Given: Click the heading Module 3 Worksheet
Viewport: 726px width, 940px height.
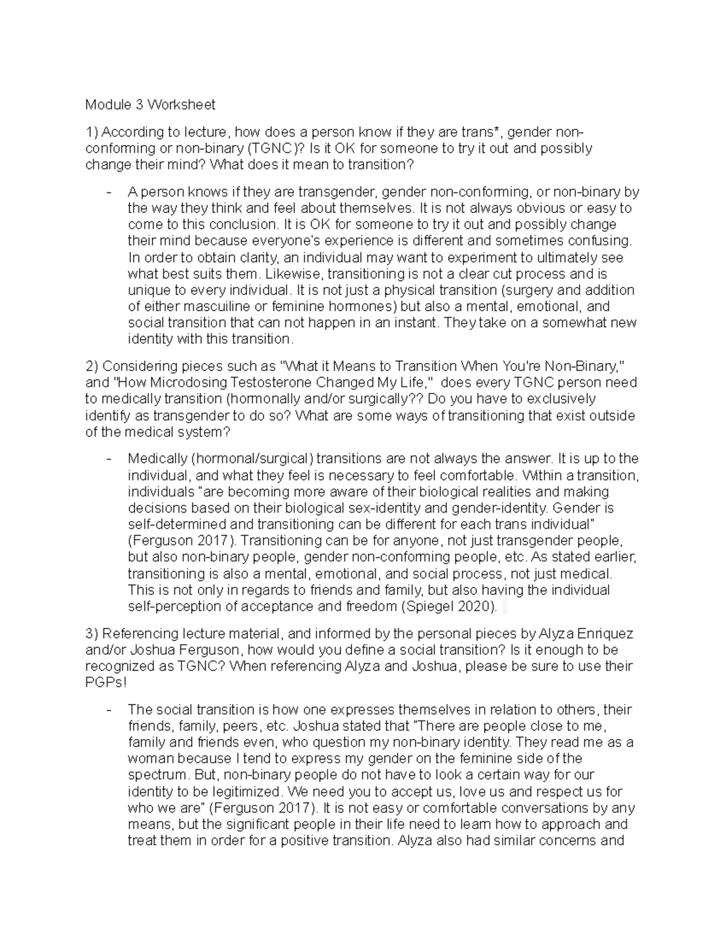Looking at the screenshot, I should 150,105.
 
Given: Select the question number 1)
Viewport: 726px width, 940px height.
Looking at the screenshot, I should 93,132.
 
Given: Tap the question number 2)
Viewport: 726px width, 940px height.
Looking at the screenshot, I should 93,366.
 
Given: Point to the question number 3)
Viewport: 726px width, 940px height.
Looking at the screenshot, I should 93,634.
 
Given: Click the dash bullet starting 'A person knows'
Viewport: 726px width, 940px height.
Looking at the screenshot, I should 109,192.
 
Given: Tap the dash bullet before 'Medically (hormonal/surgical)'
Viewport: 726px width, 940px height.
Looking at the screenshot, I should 109,459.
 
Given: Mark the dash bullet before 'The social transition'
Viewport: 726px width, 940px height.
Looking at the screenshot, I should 109,709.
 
